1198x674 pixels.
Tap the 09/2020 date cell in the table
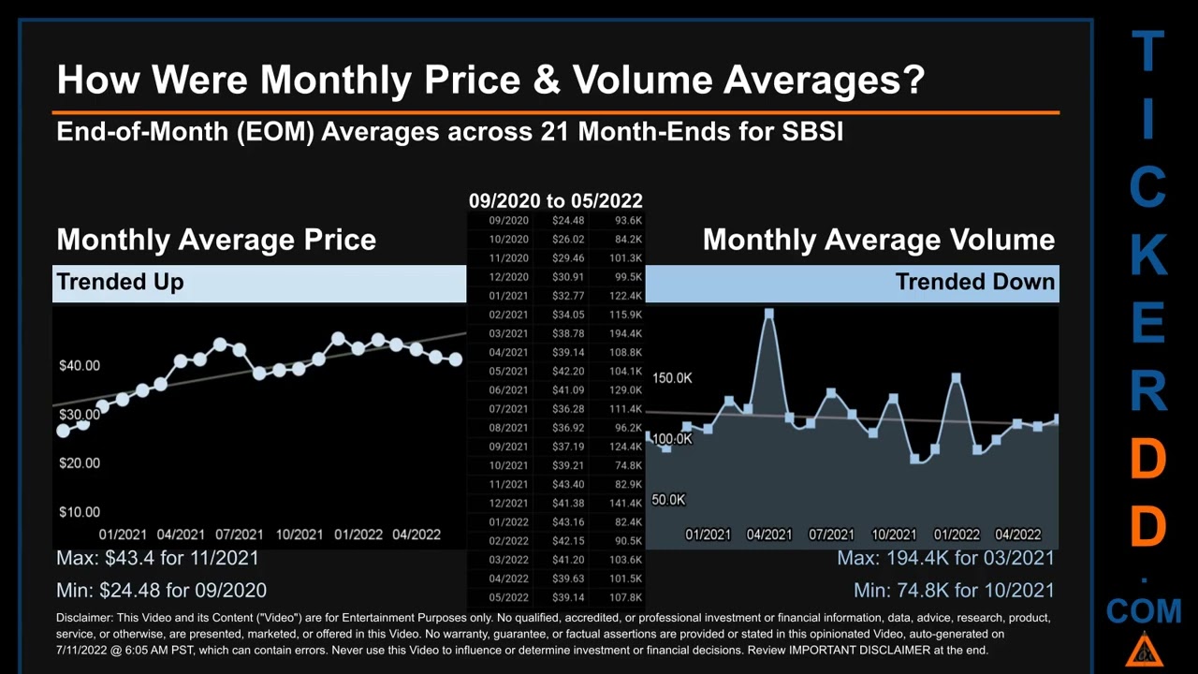tap(509, 220)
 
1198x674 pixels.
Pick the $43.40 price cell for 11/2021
tap(568, 484)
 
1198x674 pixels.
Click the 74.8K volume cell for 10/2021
tap(628, 465)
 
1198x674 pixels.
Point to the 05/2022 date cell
tap(509, 597)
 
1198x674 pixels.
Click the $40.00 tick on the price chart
tap(80, 365)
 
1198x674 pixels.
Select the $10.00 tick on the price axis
tap(80, 512)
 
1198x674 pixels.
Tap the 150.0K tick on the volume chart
tap(672, 378)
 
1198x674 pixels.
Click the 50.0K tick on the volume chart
tap(668, 500)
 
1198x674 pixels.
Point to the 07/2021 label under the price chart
tap(239, 535)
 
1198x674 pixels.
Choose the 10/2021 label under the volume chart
tap(894, 535)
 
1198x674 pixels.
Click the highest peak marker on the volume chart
tap(769, 315)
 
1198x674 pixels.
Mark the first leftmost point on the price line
tap(64, 431)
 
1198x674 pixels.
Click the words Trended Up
tap(120, 282)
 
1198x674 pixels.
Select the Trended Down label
tap(974, 282)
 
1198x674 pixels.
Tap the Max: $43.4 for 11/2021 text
tap(157, 558)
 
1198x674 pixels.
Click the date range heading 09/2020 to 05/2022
tap(555, 200)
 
